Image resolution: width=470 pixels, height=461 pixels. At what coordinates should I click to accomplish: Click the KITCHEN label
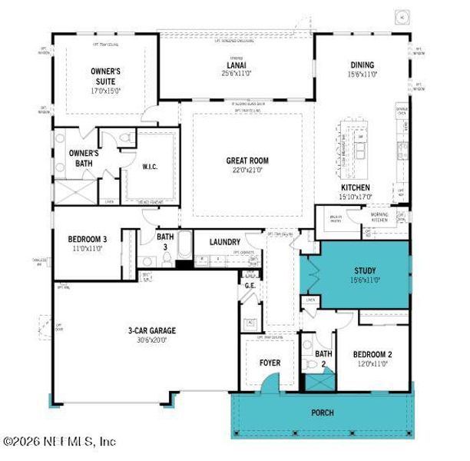[356, 187]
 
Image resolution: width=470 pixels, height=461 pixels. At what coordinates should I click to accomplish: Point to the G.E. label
[250, 285]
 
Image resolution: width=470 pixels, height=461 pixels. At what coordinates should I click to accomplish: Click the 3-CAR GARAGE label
[151, 330]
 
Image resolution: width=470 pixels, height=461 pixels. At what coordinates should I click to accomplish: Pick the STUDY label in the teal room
[365, 270]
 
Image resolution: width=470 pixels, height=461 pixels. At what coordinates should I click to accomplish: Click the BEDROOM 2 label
[372, 354]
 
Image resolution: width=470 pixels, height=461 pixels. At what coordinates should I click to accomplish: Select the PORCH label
[323, 413]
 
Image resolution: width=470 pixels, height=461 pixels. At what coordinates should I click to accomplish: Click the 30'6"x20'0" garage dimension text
[151, 340]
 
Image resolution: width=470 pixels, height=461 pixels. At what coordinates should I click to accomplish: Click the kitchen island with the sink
[358, 143]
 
